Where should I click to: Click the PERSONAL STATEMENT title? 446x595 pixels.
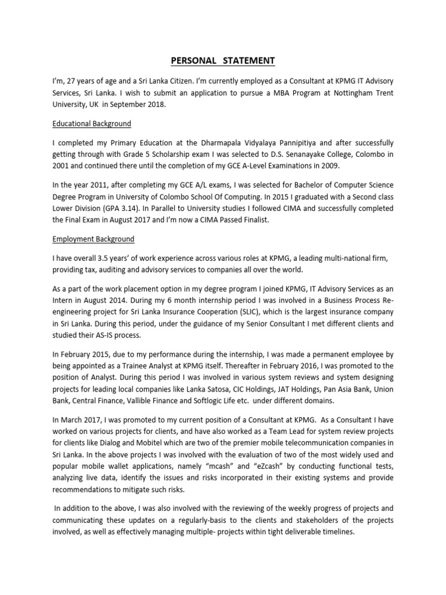point(223,61)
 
